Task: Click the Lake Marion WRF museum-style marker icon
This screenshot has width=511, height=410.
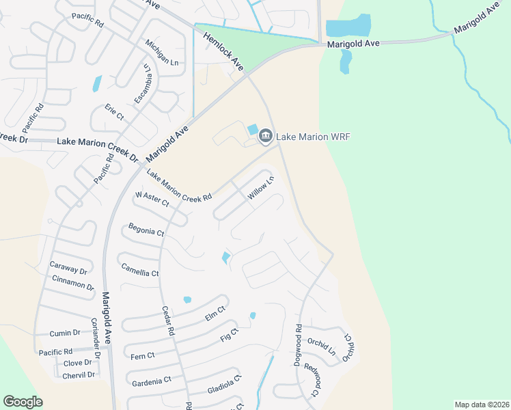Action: (265, 137)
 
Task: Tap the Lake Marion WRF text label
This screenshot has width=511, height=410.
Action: (313, 137)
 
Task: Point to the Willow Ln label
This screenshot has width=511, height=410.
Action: (260, 188)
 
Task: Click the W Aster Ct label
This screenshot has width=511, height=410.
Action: (152, 199)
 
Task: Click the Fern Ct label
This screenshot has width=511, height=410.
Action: (142, 355)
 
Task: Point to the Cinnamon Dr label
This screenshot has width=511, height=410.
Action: (72, 283)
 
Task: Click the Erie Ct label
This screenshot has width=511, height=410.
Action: (114, 113)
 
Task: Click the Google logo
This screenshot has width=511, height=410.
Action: (23, 402)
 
